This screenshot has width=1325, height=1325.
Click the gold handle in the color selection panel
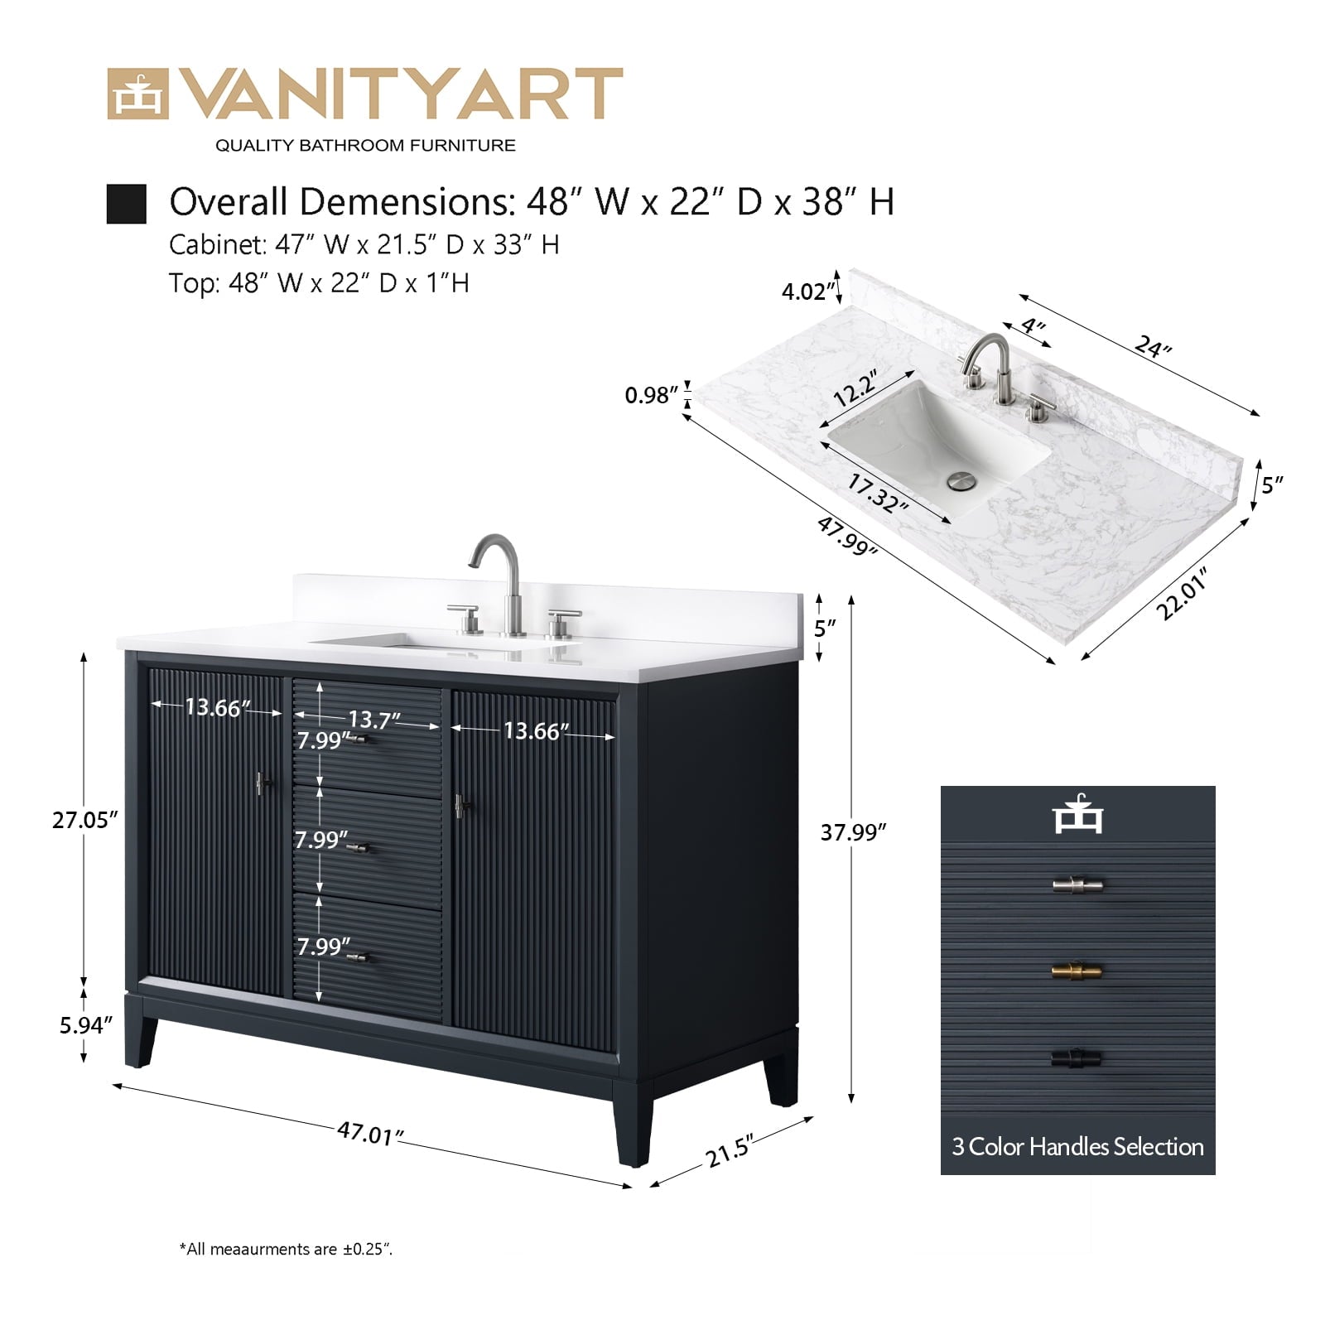click(1077, 971)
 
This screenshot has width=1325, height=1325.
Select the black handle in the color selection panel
click(1077, 1058)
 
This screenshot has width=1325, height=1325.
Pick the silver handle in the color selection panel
click(1077, 885)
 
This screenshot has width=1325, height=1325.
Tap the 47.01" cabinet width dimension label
click(370, 1132)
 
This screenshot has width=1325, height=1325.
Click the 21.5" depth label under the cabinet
click(730, 1151)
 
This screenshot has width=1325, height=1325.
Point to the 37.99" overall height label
click(854, 831)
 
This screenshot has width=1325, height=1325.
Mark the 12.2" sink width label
click(855, 388)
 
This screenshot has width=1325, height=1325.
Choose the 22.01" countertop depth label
click(1182, 593)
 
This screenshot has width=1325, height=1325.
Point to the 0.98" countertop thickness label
click(652, 395)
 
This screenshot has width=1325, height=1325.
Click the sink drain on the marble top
click(961, 481)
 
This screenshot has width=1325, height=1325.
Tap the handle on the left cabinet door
click(263, 783)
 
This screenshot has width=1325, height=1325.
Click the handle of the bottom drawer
click(362, 958)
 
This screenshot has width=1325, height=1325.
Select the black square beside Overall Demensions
click(127, 204)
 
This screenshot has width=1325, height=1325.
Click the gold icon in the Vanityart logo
click(137, 94)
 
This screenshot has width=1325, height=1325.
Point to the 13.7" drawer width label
click(373, 720)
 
